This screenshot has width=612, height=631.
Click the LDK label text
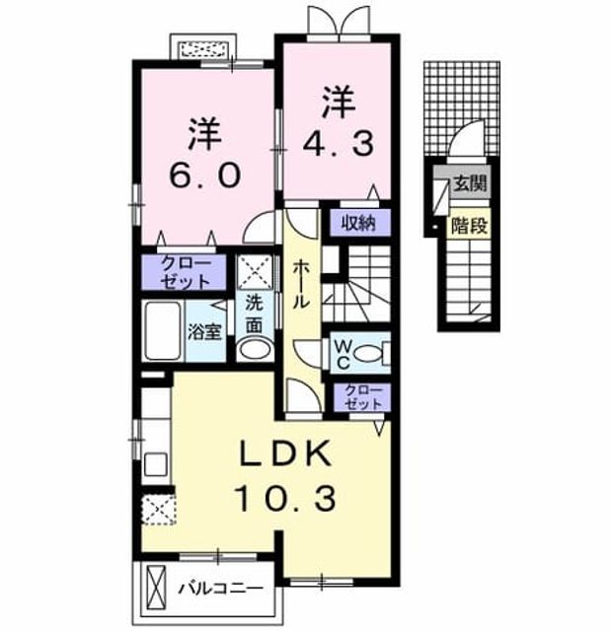click(285, 454)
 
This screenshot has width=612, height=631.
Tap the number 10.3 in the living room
click(285, 499)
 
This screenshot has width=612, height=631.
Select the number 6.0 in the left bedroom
click(205, 175)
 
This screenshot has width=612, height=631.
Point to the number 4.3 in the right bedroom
click(338, 144)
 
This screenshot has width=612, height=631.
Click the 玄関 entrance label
click(470, 183)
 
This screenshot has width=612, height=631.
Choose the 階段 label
click(469, 226)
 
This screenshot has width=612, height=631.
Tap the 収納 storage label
click(358, 223)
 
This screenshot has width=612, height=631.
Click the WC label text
click(343, 354)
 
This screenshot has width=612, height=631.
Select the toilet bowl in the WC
click(368, 354)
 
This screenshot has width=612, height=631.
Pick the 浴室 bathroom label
click(205, 332)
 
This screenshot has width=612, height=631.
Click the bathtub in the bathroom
click(162, 330)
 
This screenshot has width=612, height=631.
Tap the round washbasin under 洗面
click(255, 349)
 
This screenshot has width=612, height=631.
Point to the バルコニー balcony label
click(221, 590)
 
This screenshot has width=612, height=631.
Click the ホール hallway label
click(300, 284)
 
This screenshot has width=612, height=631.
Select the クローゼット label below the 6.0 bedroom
click(185, 273)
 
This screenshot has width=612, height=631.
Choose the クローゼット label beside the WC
click(363, 397)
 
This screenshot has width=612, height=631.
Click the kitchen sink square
click(156, 464)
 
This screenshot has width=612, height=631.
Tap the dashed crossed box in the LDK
click(159, 510)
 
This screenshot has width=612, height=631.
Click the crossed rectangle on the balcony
click(156, 589)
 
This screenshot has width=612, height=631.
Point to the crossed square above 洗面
click(255, 272)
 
